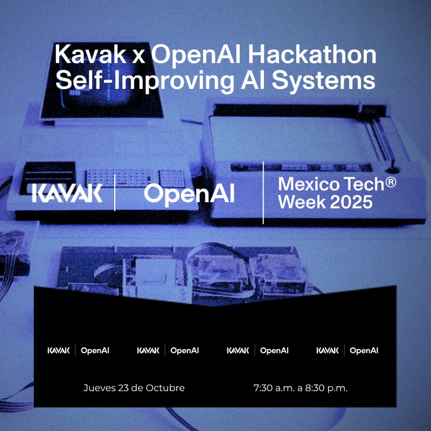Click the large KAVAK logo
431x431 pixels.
pos(67,193)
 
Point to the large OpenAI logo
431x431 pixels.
pos(189,193)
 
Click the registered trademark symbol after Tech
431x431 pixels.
pos(391,182)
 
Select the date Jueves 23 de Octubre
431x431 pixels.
pos(134,388)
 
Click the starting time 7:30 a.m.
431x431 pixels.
pos(273,388)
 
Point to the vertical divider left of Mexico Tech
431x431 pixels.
pos(263,192)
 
